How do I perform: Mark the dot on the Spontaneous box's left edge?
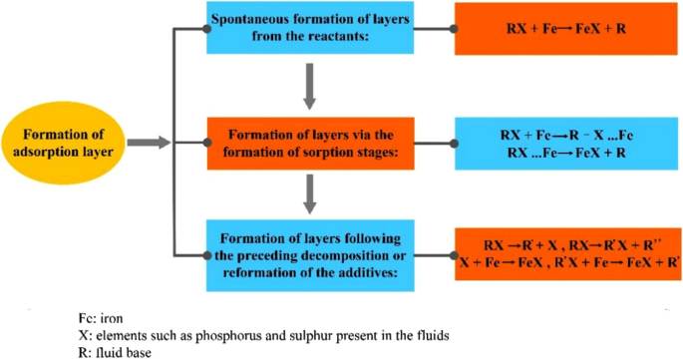(206, 29)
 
